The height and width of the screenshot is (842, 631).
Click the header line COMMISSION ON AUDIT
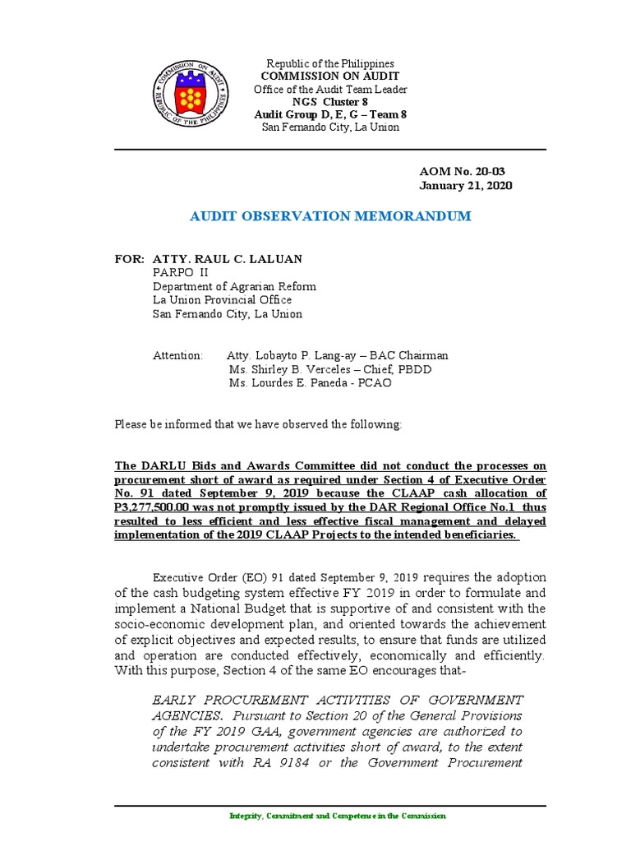[327, 76]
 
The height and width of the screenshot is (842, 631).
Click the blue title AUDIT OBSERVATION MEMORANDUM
[330, 216]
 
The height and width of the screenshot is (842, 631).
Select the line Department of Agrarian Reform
[234, 286]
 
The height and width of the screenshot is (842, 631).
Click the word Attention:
[177, 355]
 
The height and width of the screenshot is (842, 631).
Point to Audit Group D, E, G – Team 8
[327, 114]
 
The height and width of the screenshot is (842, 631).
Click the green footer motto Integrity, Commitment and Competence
[338, 816]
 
